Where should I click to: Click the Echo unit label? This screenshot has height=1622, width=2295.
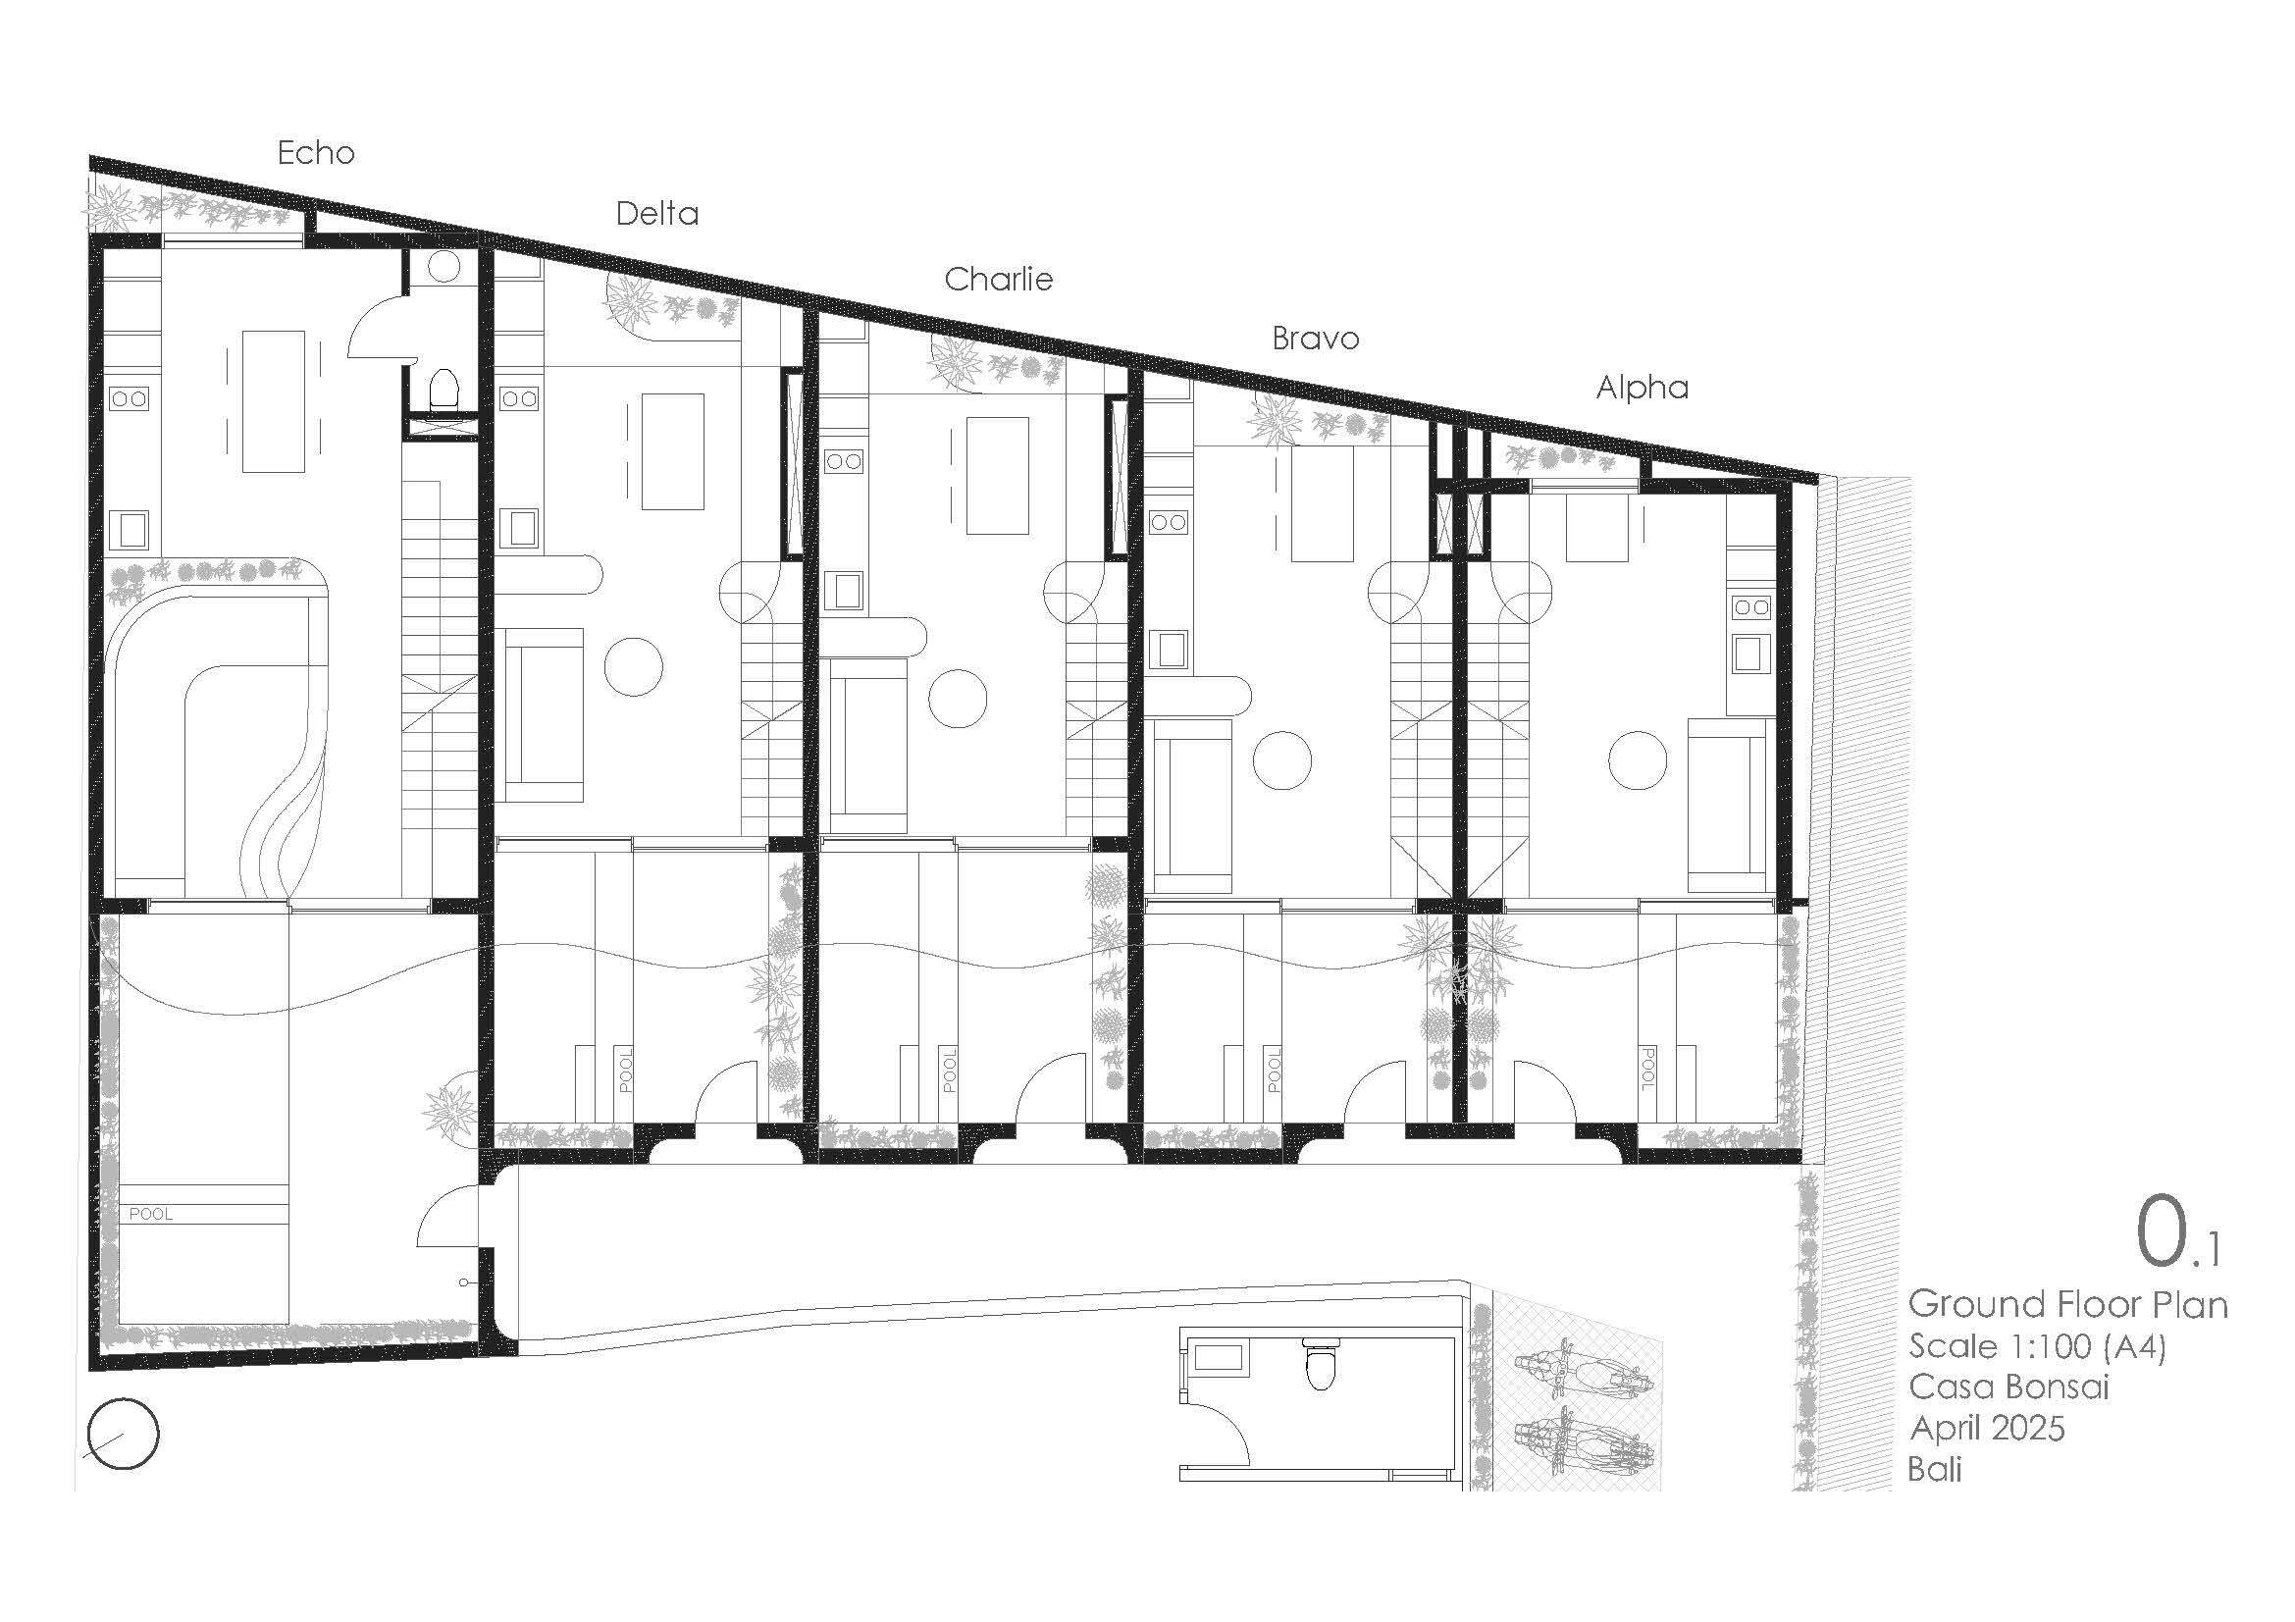coord(316,153)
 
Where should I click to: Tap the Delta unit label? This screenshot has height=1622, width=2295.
coord(656,214)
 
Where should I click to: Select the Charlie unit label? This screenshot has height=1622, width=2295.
coord(999,279)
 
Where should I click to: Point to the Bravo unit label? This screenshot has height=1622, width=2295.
coord(1316,339)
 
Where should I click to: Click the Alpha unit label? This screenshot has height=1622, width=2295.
coord(1643,388)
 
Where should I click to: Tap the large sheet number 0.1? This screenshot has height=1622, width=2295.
coord(2176,1234)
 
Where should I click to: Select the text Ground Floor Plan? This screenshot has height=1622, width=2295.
coord(2067,1304)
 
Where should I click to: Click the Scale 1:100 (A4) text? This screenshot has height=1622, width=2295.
coord(2037,1346)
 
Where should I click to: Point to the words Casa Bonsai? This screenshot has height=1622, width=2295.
coord(2008,1387)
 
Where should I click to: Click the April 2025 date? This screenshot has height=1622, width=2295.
coord(1986,1429)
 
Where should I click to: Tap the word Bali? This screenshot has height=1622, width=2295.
coord(1934,1470)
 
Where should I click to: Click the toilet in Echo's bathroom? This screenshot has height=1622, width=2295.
coord(443,391)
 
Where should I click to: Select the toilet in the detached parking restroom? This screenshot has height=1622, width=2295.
coord(1321,1366)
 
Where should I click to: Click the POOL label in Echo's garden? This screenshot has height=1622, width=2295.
coord(151,1215)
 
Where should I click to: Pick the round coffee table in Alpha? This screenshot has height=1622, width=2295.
coord(1638,759)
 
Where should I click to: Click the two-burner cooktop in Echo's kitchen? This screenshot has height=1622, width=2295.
coord(130,398)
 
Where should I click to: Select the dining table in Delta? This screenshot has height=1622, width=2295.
coord(673,451)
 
